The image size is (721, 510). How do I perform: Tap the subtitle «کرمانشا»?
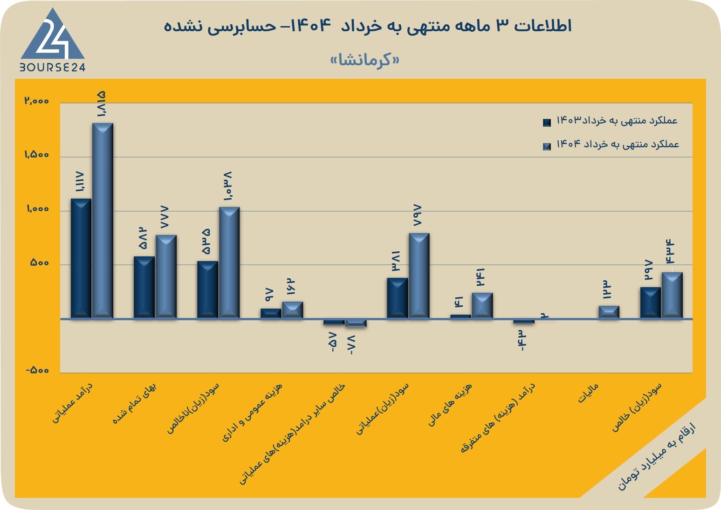[x=365, y=60]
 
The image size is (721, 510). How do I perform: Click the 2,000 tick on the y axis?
[x=37, y=101]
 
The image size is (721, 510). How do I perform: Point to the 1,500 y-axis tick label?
[x=37, y=155]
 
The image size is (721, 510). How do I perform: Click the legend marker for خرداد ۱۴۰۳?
[x=547, y=123]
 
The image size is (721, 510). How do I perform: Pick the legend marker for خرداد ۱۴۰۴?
[x=547, y=146]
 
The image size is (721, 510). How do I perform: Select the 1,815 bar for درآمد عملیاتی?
[x=103, y=221]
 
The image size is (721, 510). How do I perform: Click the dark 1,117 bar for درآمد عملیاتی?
[x=81, y=259]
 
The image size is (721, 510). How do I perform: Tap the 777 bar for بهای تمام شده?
[x=166, y=277]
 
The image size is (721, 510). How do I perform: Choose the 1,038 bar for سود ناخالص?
[x=229, y=263]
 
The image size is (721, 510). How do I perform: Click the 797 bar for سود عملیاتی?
[x=419, y=276]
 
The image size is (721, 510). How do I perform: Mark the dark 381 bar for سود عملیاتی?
[x=397, y=298]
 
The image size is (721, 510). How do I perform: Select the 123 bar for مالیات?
[x=609, y=312]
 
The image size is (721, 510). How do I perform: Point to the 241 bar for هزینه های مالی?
[x=482, y=306]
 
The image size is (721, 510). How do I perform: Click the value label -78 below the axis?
[x=351, y=345]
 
